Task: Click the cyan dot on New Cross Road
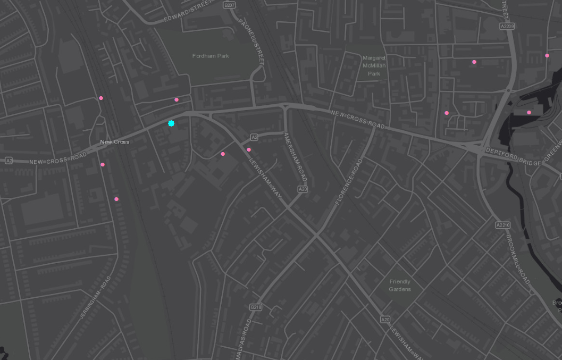171,123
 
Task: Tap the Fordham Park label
211,56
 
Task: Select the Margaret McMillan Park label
374,65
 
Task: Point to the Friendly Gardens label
400,286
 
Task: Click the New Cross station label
114,142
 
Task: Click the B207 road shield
230,5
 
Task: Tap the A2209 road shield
507,26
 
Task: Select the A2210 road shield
502,225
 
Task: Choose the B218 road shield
256,307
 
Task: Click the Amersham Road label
293,158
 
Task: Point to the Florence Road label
348,181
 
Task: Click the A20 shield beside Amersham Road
303,189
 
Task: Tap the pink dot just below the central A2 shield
249,149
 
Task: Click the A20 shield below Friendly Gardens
385,320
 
